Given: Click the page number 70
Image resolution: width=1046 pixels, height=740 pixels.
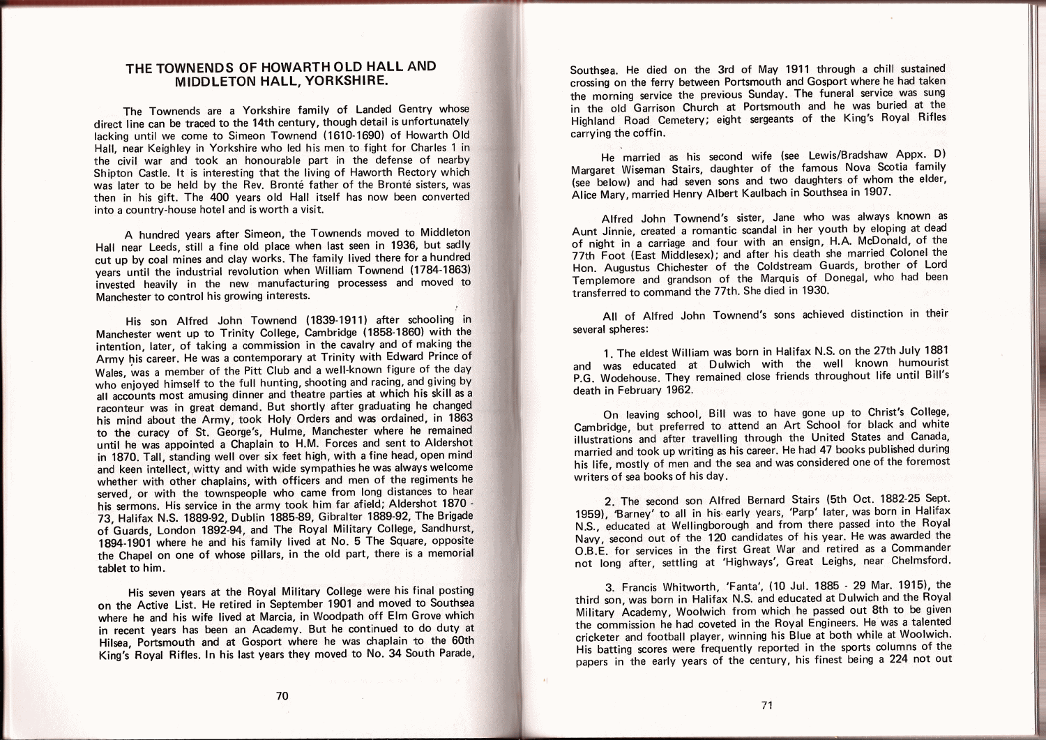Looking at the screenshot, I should [x=282, y=695].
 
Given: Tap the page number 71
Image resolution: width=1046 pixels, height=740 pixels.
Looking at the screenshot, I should [x=767, y=705].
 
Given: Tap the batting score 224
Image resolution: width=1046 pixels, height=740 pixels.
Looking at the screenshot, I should [x=899, y=659].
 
